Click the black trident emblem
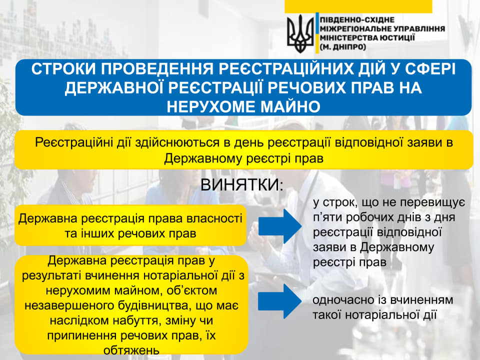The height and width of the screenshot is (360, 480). (300, 33)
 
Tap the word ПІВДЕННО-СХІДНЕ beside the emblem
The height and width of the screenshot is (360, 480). (357, 20)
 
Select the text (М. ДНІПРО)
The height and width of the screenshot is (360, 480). (343, 47)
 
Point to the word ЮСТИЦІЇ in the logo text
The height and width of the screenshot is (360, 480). (397, 38)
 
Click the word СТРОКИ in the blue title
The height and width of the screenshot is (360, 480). (63, 69)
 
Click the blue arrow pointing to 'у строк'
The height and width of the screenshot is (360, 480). (280, 226)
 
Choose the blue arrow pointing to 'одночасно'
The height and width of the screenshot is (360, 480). (280, 301)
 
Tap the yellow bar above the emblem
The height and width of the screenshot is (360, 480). (358, 6)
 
